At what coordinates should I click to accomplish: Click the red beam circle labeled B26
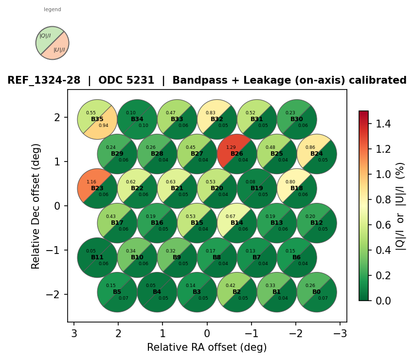pos(237,154)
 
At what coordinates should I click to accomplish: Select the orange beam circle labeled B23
pos(97,188)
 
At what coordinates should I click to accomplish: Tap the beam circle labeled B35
pos(97,119)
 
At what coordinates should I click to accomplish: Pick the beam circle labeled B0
pos(317,292)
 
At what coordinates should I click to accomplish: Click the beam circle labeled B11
pos(97,257)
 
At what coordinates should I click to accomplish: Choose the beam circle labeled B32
pos(217,119)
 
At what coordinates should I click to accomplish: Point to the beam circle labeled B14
pos(237,223)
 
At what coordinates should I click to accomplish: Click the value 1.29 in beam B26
pos(231,147)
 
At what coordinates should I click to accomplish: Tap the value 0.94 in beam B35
pos(104,126)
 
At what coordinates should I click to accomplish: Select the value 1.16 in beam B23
pos(91,182)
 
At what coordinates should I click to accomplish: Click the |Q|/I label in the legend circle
pos(45,36)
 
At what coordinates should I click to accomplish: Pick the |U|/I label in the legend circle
pos(59,50)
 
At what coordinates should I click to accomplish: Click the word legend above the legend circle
pos(53,10)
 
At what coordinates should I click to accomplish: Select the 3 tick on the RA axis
pos(74,333)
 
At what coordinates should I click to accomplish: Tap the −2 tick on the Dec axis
pos(57,294)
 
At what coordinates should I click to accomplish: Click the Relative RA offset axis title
pos(207,347)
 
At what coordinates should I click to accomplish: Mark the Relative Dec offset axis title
pos(36,205)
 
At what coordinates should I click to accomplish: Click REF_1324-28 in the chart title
pos(44,80)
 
